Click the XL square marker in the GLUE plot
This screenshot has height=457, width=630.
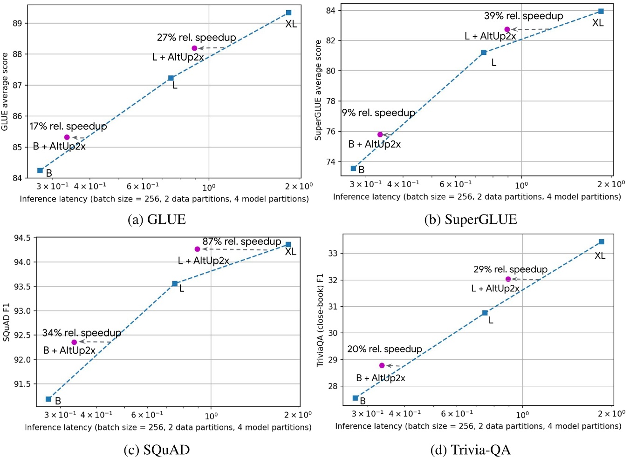click(x=288, y=13)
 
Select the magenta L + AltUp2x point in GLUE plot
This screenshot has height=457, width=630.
click(x=194, y=48)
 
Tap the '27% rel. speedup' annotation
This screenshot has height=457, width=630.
click(x=196, y=37)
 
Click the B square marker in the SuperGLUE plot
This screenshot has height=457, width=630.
click(x=353, y=168)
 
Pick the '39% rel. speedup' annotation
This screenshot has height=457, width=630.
click(x=523, y=16)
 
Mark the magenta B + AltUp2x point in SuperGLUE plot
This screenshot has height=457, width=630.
click(x=380, y=134)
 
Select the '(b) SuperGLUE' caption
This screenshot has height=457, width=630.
click(x=470, y=219)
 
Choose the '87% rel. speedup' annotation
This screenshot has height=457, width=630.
click(x=241, y=242)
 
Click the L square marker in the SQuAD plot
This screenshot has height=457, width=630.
click(x=175, y=283)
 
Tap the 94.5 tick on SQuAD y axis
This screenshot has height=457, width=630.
click(x=22, y=238)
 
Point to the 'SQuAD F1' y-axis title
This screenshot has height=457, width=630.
click(x=7, y=322)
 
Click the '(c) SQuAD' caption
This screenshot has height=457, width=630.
click(x=157, y=450)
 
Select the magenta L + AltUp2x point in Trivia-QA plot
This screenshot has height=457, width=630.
click(x=508, y=279)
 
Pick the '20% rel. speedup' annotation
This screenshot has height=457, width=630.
click(x=384, y=349)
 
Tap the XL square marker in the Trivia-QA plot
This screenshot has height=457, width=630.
click(x=601, y=242)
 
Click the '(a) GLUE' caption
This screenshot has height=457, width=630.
click(x=157, y=219)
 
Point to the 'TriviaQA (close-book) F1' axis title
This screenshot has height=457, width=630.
click(x=320, y=320)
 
